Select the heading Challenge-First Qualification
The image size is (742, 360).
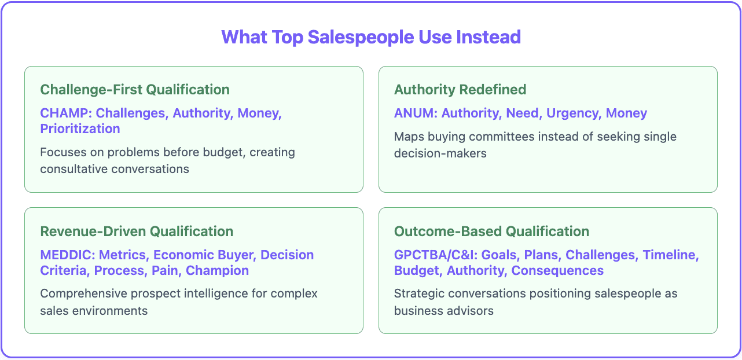[x=135, y=90]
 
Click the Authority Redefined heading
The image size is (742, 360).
[x=460, y=90]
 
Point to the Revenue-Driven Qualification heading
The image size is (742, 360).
[x=137, y=232]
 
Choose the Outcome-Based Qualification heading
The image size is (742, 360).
[x=491, y=232]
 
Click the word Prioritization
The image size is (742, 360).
[x=80, y=128]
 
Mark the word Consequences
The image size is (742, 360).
[x=557, y=270]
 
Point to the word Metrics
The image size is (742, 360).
[x=123, y=255]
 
